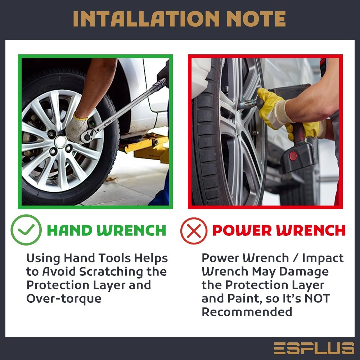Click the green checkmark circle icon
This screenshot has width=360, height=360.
[26, 230]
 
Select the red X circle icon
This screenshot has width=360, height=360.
[194, 231]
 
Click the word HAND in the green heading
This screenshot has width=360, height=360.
[70, 230]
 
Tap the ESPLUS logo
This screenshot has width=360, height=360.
[314, 348]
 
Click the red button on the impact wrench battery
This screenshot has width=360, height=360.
[293, 156]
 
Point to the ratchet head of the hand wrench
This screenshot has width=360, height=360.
[88, 136]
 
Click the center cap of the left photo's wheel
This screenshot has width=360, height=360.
[61, 141]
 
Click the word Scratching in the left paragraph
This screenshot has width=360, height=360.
[111, 272]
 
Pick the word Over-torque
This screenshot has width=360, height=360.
[64, 298]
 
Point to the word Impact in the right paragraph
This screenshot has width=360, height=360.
[323, 258]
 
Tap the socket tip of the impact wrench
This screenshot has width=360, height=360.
[245, 104]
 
